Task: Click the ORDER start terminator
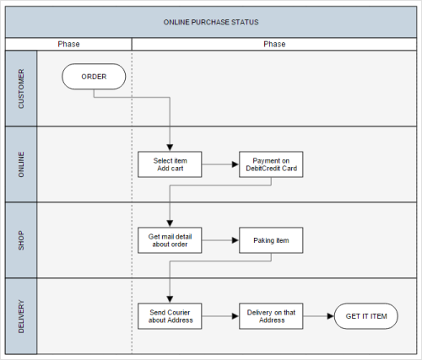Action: tap(94, 77)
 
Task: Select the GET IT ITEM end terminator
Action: tap(366, 316)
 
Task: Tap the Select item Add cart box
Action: tap(170, 164)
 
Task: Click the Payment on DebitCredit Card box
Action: tap(271, 164)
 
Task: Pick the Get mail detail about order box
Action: tap(170, 240)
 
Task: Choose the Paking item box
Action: tap(271, 240)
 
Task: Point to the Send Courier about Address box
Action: tap(170, 316)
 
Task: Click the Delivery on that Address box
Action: tap(271, 316)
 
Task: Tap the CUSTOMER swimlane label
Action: tap(21, 89)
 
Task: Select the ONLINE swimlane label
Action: tap(21, 164)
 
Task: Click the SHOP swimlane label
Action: tap(21, 240)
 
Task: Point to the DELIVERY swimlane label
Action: tap(21, 316)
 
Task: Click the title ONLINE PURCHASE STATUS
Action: tap(211, 22)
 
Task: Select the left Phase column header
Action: tap(68, 44)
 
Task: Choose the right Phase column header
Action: tap(274, 44)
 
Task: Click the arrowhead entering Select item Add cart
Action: tap(170, 148)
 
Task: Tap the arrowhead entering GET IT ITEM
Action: tap(331, 316)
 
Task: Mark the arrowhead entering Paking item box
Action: tap(235, 240)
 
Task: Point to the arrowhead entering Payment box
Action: tap(235, 164)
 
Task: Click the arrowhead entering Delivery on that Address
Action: tap(235, 316)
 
